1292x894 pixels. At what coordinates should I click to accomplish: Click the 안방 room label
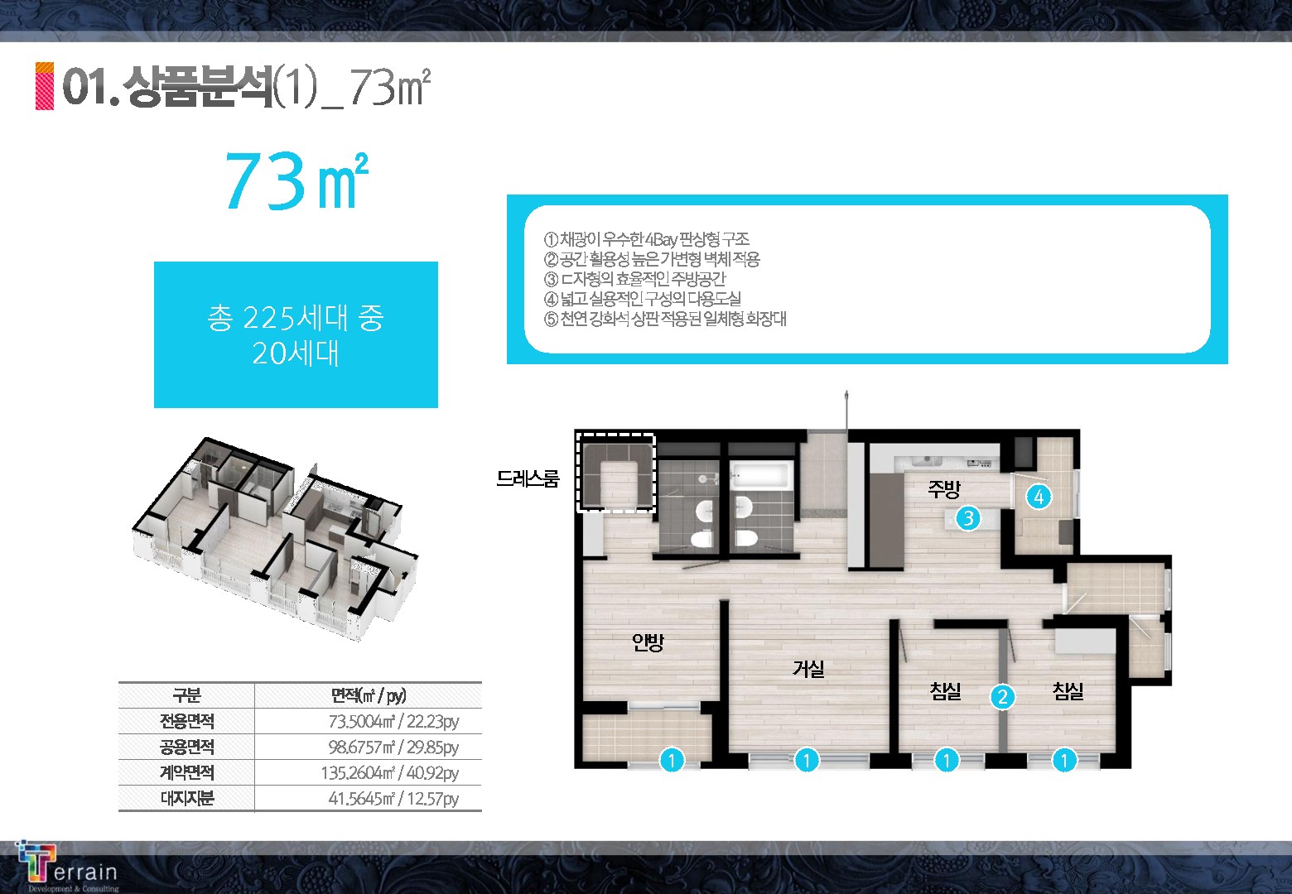648,642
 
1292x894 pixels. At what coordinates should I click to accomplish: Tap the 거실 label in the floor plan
808,669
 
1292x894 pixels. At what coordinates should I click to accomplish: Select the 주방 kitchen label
943,489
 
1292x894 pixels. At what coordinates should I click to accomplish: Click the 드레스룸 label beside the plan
528,478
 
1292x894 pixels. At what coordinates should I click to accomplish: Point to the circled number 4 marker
1039,497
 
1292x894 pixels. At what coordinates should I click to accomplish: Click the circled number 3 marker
968,518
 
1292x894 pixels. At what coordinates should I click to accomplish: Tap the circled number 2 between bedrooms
1002,697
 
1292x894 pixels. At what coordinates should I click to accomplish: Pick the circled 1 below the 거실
807,760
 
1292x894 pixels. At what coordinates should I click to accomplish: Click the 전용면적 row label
187,721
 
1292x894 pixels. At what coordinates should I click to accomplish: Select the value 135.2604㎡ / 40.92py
390,772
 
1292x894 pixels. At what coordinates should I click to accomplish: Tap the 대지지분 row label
187,798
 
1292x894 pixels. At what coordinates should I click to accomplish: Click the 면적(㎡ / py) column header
369,695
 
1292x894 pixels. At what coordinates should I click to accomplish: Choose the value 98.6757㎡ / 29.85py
393,747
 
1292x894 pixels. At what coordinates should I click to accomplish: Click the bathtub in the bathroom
760,477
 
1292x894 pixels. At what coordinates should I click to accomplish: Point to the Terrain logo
67,868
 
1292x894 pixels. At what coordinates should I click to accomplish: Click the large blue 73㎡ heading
296,180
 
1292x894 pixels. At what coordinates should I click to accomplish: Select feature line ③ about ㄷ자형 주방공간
634,279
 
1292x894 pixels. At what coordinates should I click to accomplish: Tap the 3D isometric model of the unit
276,539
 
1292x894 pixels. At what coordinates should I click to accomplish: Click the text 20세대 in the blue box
296,353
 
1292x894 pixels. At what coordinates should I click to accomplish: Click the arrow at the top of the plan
846,409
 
